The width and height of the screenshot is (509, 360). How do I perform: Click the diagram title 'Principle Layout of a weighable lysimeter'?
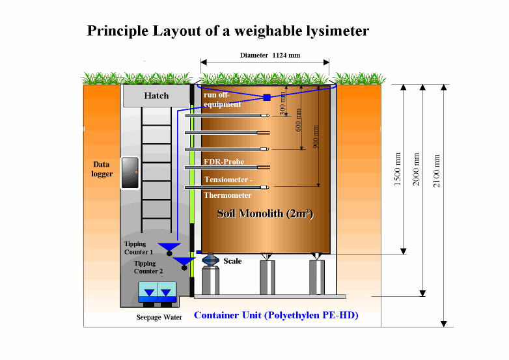(228, 31)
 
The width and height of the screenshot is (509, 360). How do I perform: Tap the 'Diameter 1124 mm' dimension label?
(264, 55)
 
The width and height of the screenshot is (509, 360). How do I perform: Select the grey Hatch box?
(156, 96)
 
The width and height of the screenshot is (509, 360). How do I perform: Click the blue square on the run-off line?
(267, 98)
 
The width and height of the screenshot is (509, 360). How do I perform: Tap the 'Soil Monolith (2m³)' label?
(265, 213)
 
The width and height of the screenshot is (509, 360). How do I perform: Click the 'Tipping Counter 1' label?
(139, 248)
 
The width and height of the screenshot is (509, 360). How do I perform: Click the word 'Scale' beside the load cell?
(232, 261)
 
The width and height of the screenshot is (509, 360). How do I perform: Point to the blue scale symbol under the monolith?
(212, 259)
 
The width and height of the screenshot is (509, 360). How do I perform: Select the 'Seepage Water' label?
(159, 318)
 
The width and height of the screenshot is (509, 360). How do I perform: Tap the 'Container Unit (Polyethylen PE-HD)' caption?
(276, 316)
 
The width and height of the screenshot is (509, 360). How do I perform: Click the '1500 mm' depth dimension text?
(398, 169)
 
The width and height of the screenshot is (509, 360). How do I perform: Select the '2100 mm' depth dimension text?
(437, 170)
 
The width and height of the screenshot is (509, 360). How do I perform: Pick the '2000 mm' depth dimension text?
(417, 169)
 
